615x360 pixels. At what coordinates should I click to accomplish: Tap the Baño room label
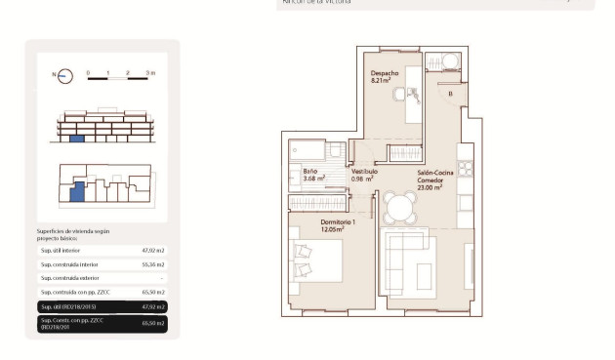pyautogui.click(x=296, y=171)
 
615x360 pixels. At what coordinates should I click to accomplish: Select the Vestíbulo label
pyautogui.click(x=364, y=171)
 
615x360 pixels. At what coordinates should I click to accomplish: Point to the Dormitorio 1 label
pyautogui.click(x=338, y=221)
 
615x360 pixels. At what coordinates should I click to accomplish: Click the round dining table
pyautogui.click(x=398, y=207)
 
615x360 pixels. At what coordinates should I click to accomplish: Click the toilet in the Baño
pyautogui.click(x=335, y=152)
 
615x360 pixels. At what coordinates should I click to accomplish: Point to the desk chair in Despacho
pyautogui.click(x=414, y=96)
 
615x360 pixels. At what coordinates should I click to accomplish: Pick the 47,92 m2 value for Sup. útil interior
pyautogui.click(x=153, y=251)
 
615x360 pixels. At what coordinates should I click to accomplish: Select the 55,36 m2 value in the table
pyautogui.click(x=153, y=264)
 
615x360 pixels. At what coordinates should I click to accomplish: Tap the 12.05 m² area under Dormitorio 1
pyautogui.click(x=338, y=229)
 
